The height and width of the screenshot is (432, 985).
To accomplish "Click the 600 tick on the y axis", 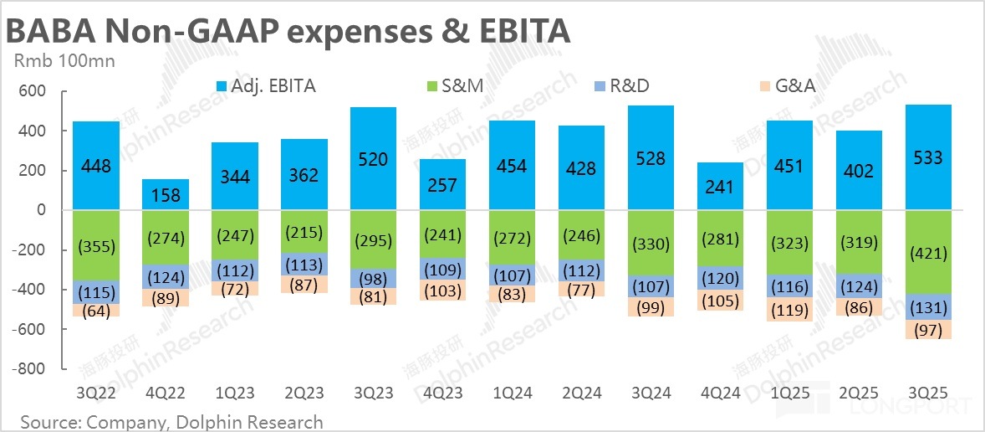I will (x=37, y=91).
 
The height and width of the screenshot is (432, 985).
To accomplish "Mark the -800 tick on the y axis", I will (x=33, y=368).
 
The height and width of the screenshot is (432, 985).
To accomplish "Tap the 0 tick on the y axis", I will (x=41, y=210).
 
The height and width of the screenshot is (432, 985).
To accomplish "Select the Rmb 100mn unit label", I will (x=64, y=60).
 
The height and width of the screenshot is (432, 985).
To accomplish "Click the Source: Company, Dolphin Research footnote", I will (x=171, y=421).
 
